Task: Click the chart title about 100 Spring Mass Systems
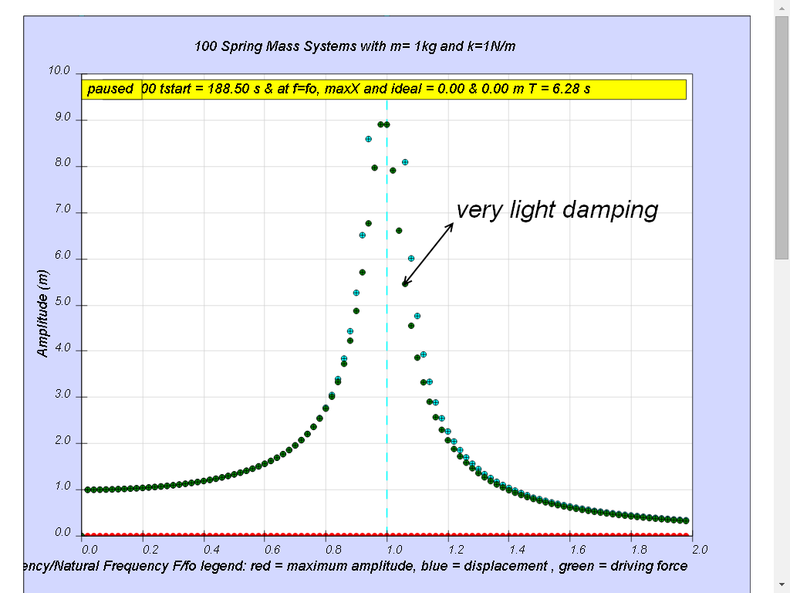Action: coord(355,46)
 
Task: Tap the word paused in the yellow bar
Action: coord(110,90)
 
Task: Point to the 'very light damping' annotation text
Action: coord(557,209)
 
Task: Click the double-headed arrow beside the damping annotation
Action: coord(427,254)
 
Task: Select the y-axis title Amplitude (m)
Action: coord(43,313)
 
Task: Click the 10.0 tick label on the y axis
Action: coord(59,70)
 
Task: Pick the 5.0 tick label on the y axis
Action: coord(62,302)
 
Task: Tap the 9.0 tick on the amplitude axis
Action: coord(62,117)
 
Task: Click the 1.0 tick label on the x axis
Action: coord(394,550)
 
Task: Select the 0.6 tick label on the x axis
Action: coord(272,550)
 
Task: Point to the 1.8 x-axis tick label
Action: coord(639,550)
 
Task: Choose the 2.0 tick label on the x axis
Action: coord(700,550)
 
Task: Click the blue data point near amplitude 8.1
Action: coord(405,162)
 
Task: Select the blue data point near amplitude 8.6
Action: coord(368,139)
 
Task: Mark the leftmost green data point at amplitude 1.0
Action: coord(88,490)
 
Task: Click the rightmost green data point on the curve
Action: coord(686,520)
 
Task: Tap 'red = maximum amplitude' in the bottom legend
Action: coord(332,566)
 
